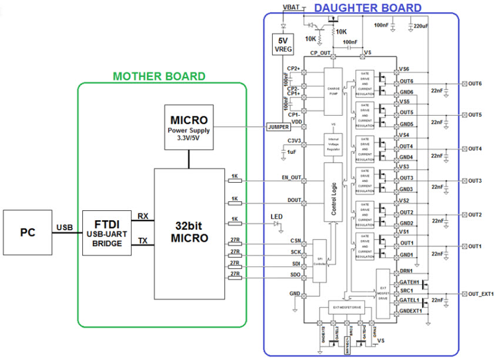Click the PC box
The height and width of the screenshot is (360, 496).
pyautogui.click(x=27, y=233)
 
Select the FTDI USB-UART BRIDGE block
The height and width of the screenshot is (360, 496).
pyautogui.click(x=108, y=233)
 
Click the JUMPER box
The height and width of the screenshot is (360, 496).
pyautogui.click(x=278, y=126)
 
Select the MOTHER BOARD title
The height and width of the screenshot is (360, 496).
pyautogui.click(x=159, y=76)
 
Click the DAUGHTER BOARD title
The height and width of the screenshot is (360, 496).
pyautogui.click(x=368, y=8)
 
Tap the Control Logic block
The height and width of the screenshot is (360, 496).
pyautogui.click(x=333, y=192)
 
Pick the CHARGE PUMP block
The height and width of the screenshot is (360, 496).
pyautogui.click(x=333, y=91)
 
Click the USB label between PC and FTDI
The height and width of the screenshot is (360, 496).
pyautogui.click(x=65, y=227)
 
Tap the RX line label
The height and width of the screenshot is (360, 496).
pyautogui.click(x=142, y=216)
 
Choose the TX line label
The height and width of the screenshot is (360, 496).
pyautogui.click(x=142, y=241)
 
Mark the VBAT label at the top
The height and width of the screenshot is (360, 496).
pyautogui.click(x=291, y=6)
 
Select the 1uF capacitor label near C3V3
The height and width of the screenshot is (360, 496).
pyautogui.click(x=292, y=152)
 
